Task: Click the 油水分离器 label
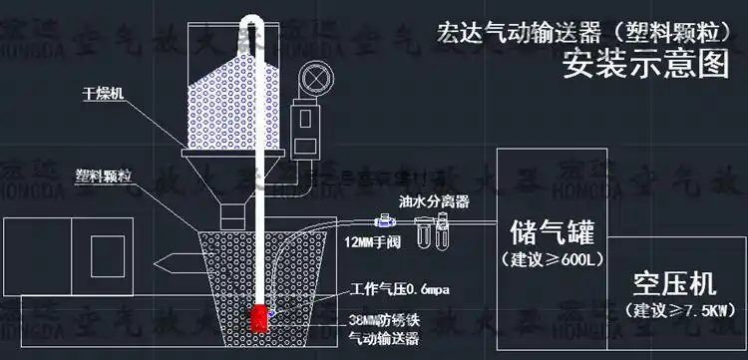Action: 434,200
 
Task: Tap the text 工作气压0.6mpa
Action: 401,289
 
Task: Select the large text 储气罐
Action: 551,234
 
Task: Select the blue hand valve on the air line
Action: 384,221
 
